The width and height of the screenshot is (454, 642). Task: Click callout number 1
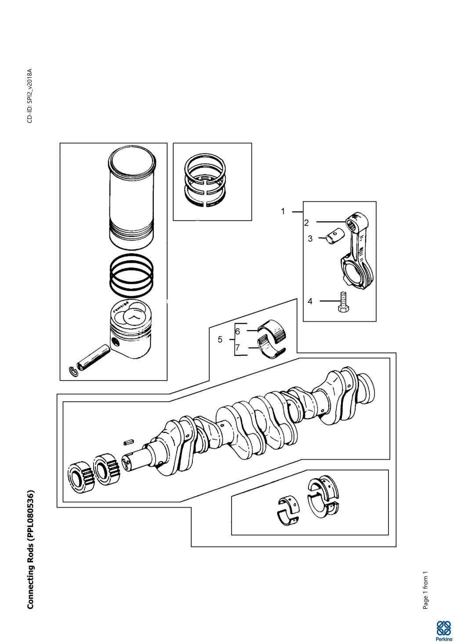tap(283, 211)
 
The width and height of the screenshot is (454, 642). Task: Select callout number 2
tap(306, 223)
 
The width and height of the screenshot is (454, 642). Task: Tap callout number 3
tap(310, 239)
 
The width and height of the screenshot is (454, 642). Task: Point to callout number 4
tap(310, 301)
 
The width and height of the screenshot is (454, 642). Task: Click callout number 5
tap(220, 340)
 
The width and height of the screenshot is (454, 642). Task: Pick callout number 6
tap(237, 331)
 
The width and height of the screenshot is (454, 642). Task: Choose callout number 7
tap(237, 348)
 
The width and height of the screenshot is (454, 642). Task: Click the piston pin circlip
tap(75, 371)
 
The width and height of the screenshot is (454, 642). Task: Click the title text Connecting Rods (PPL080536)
tap(31, 549)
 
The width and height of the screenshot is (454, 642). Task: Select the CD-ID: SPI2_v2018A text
tap(30, 96)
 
